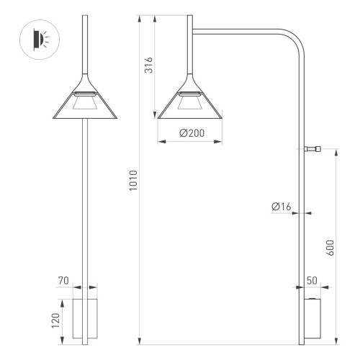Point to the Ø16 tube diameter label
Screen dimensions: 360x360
(x=282, y=207)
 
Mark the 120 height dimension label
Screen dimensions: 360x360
(x=55, y=319)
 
